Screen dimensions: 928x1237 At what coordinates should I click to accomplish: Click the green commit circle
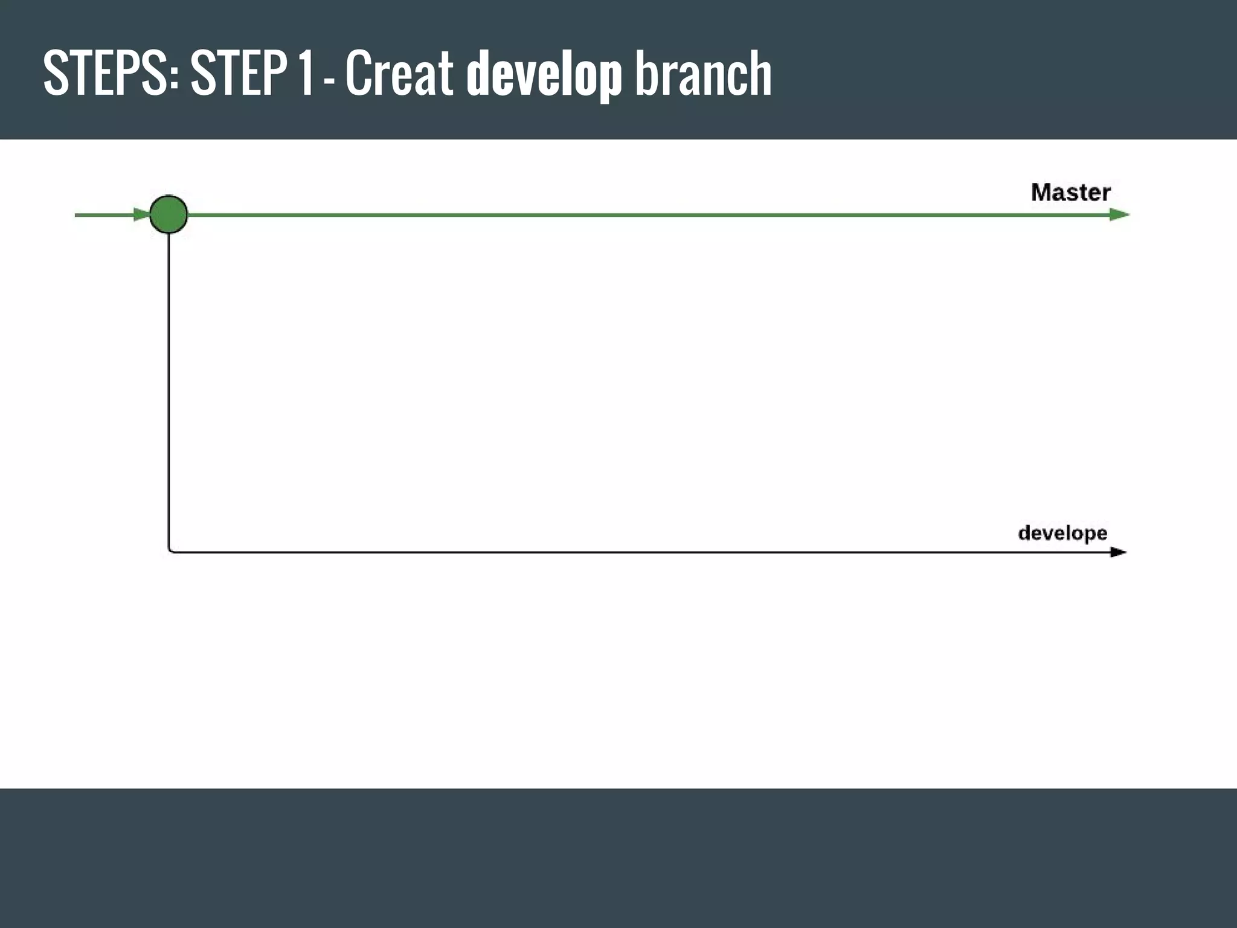[169, 214]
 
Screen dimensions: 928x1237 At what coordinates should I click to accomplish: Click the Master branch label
[1070, 193]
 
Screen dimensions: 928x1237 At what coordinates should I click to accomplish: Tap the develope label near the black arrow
[1062, 533]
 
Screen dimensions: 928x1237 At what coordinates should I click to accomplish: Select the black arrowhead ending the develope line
[1118, 552]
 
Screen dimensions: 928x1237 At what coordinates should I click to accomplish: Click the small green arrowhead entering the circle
[142, 214]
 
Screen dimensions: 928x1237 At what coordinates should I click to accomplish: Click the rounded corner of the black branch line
[170, 550]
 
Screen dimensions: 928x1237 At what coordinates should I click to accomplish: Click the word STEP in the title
[239, 73]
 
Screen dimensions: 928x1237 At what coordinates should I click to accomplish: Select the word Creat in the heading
[399, 73]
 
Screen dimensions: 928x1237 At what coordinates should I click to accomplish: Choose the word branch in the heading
[703, 73]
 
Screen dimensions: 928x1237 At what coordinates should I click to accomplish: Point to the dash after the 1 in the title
[330, 79]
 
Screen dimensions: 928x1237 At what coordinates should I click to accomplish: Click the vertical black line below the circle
[169, 393]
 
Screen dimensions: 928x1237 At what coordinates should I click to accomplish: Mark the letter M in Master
[1040, 193]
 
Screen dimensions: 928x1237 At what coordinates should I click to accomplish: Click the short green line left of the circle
[103, 214]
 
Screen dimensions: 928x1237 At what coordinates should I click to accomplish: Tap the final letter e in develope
[1100, 533]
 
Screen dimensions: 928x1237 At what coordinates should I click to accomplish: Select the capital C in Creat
[357, 73]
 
